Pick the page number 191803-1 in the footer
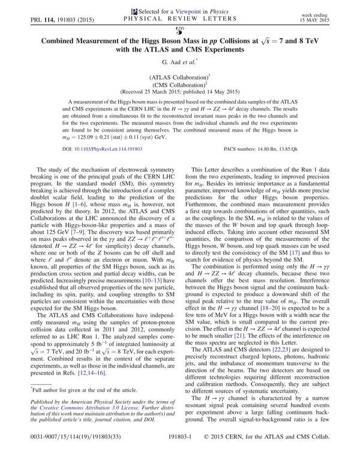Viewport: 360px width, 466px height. [180, 456]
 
